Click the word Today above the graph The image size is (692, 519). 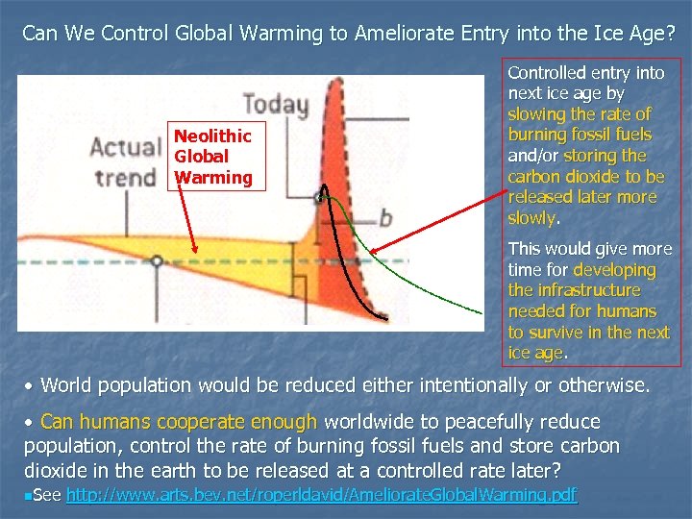275,104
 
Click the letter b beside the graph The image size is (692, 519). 384,218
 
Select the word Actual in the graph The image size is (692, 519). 125,148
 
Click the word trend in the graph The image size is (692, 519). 125,177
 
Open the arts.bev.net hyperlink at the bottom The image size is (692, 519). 321,494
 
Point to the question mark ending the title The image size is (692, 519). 670,33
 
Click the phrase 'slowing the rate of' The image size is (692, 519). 580,113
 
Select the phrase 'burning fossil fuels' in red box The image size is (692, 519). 580,135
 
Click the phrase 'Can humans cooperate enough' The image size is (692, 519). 180,422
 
